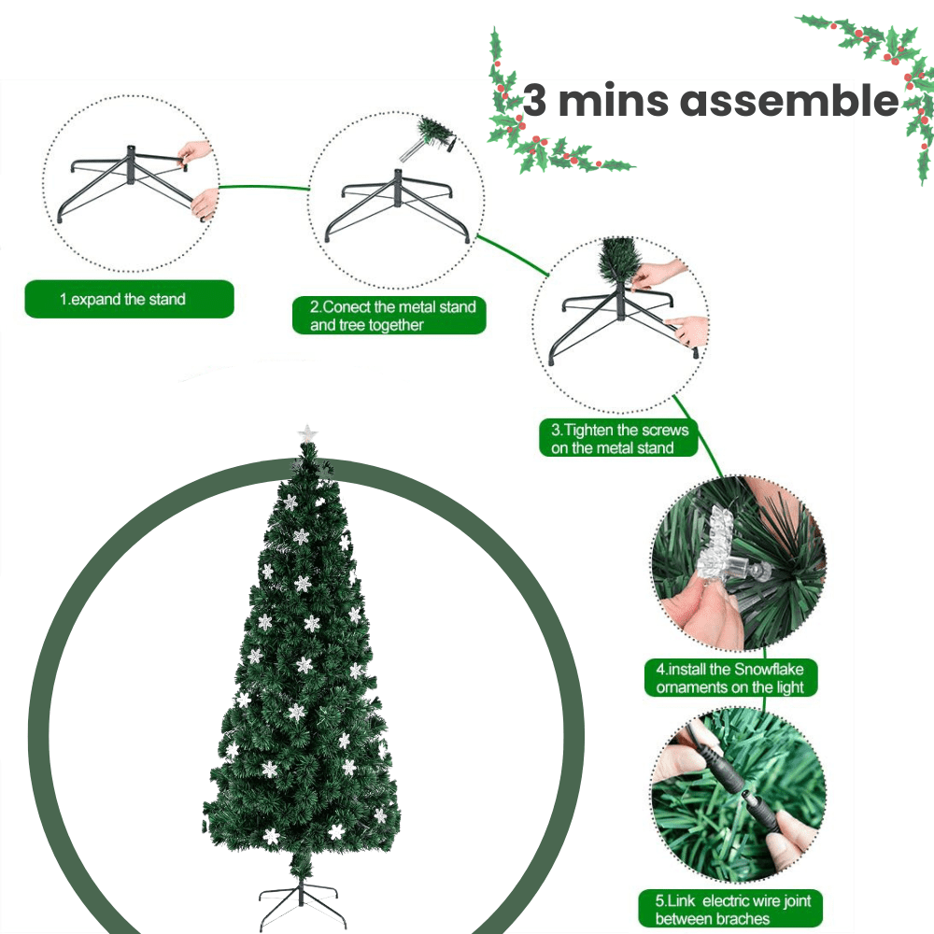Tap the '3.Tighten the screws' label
click(619, 439)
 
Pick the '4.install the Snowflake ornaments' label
click(729, 678)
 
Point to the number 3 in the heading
click(535, 101)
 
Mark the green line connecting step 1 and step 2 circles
click(264, 187)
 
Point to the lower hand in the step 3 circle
click(688, 330)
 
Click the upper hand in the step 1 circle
click(194, 152)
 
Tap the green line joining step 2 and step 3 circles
click(512, 255)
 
